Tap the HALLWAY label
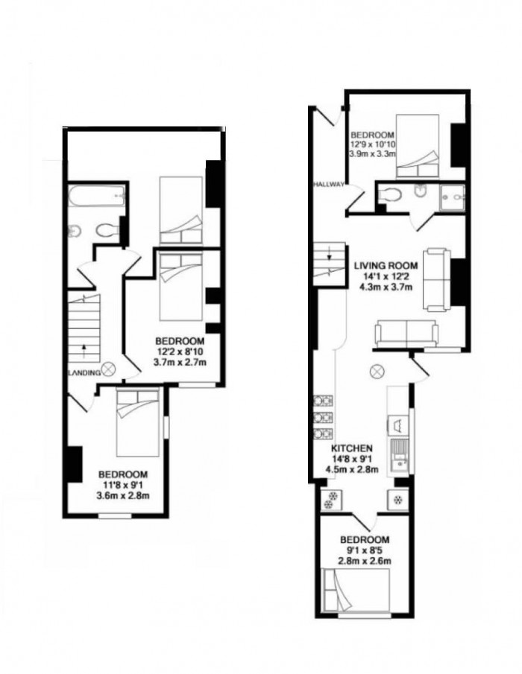click(328, 181)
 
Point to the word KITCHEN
click(351, 448)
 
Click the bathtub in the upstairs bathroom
click(96, 198)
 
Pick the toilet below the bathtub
click(108, 231)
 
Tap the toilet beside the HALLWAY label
click(390, 194)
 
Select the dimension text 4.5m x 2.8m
click(352, 469)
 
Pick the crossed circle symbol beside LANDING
click(110, 367)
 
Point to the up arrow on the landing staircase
click(84, 346)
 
